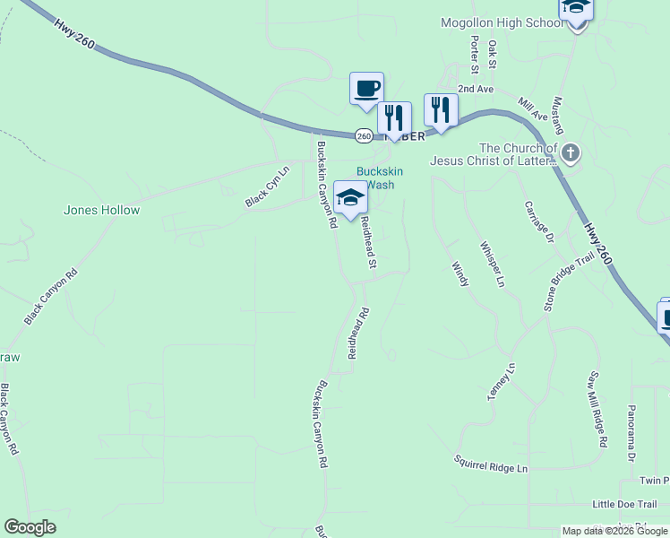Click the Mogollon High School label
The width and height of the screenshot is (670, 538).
(502, 23)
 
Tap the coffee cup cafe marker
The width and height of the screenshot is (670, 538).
(366, 89)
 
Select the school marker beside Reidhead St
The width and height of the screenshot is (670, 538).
(351, 198)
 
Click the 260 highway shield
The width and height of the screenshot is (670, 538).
(363, 135)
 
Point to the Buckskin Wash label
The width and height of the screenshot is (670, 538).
(375, 178)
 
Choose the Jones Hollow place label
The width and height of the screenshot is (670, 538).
(101, 211)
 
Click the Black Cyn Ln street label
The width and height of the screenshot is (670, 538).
(269, 187)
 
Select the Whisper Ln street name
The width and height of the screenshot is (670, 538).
(492, 264)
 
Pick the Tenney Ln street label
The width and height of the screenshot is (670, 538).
(502, 381)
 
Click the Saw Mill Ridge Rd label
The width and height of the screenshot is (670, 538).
(597, 409)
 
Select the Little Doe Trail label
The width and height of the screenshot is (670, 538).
(624, 505)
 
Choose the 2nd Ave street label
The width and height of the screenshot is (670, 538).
(475, 90)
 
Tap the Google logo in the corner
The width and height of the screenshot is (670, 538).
(30, 527)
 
